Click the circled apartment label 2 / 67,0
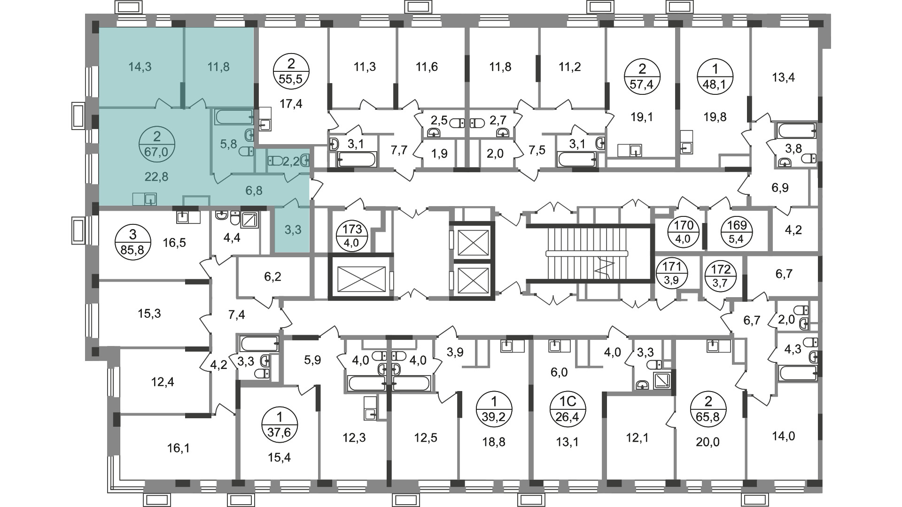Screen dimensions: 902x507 pyautogui.click(x=157, y=145)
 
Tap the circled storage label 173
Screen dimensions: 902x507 pyautogui.click(x=353, y=235)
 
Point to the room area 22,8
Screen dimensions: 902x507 pyautogui.click(x=157, y=177)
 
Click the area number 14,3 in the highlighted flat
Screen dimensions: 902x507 pyautogui.click(x=140, y=67)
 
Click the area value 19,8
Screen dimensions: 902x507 pyautogui.click(x=715, y=117)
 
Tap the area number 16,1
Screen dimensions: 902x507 pyautogui.click(x=179, y=448)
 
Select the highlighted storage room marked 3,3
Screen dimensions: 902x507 pyautogui.click(x=293, y=230)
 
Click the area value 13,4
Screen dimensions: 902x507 pyautogui.click(x=783, y=77)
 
